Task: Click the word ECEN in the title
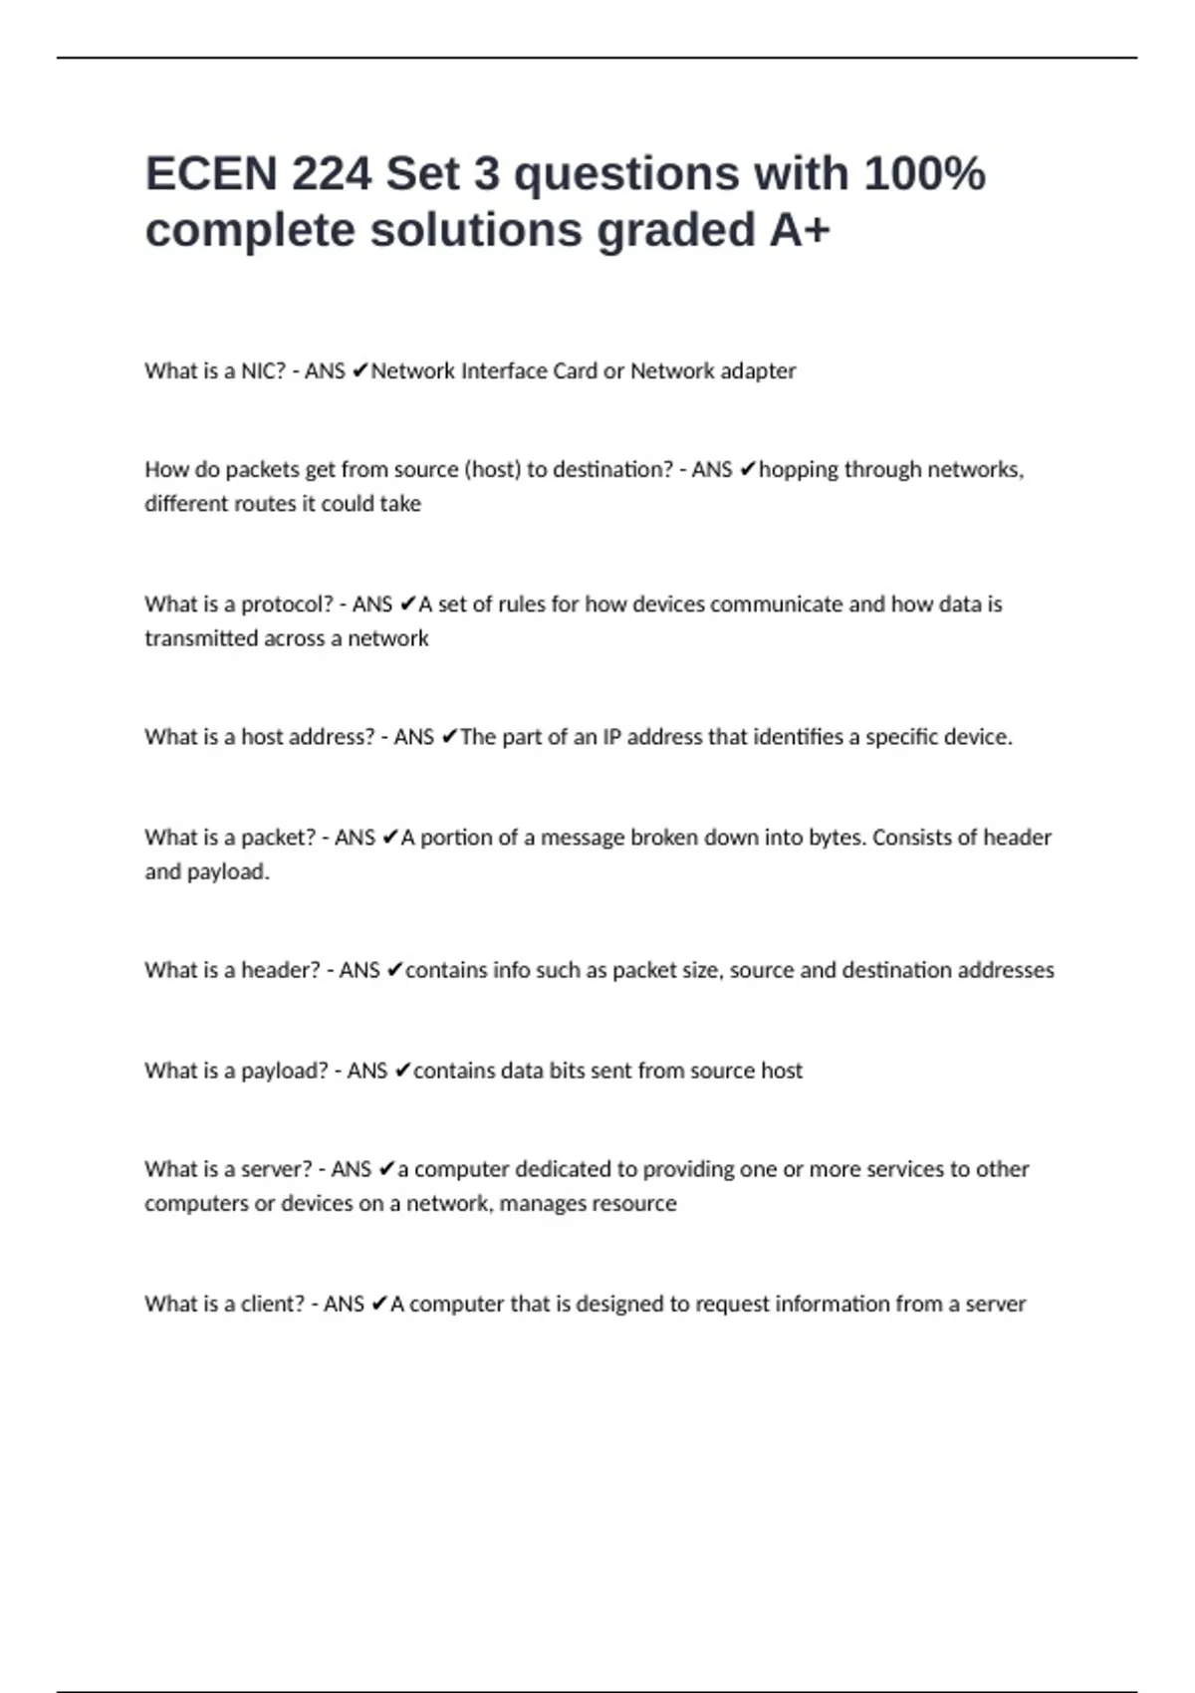pyautogui.click(x=211, y=174)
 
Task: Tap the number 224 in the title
pyautogui.click(x=332, y=174)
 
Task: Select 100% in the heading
pyautogui.click(x=924, y=174)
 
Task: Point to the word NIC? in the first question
pyautogui.click(x=263, y=371)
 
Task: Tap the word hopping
pyautogui.click(x=798, y=470)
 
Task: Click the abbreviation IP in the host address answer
pyautogui.click(x=611, y=737)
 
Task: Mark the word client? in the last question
pyautogui.click(x=272, y=1305)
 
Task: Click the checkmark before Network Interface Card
pyautogui.click(x=359, y=371)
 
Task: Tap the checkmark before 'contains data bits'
pyautogui.click(x=402, y=1071)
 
